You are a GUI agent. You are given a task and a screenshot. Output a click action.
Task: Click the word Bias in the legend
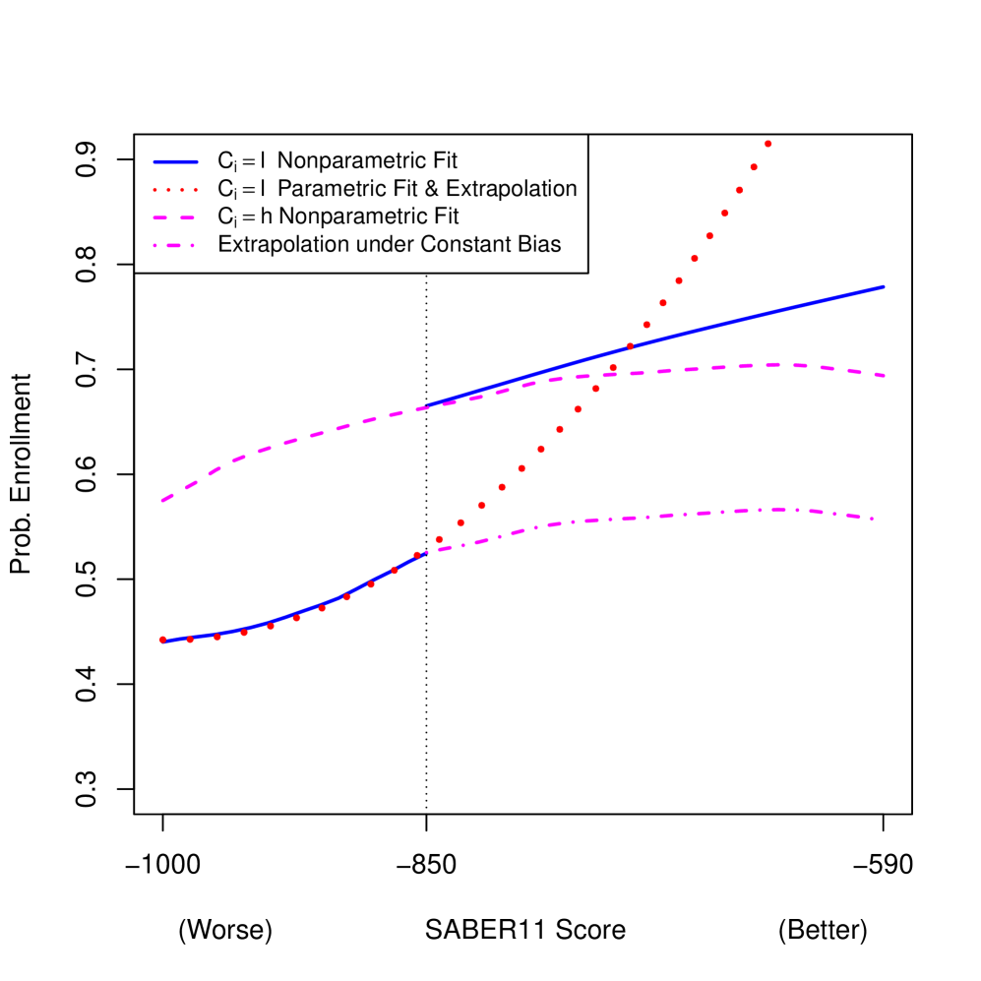[538, 244]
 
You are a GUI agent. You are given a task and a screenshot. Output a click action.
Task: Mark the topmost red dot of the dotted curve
[767, 144]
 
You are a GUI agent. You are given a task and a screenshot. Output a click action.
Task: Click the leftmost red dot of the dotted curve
[163, 641]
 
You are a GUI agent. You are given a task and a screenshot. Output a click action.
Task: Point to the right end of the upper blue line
[884, 287]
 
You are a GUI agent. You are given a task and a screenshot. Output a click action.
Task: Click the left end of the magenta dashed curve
[162, 501]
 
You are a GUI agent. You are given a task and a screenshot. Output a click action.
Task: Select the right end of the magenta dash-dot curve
[872, 519]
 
